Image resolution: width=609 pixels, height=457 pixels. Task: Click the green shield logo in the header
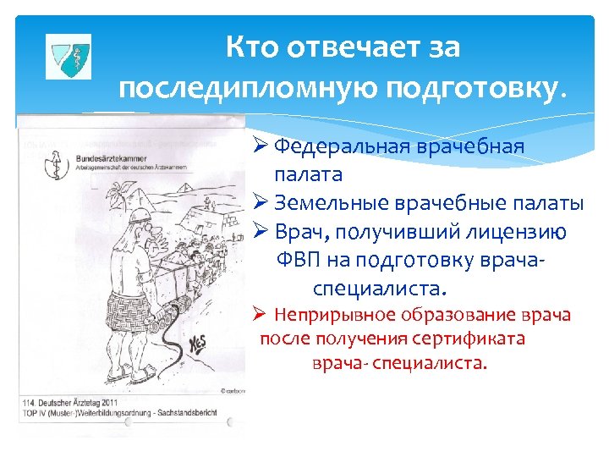[x=67, y=57]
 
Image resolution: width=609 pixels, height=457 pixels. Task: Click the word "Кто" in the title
[x=255, y=47]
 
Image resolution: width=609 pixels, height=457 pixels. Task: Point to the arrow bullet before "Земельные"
[x=260, y=203]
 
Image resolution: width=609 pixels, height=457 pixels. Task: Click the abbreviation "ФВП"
[x=299, y=261]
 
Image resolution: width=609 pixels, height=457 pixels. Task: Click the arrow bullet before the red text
[x=261, y=316]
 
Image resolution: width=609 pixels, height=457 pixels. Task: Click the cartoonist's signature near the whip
[x=200, y=345]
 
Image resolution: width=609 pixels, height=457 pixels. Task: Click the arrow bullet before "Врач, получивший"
[x=260, y=232]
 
